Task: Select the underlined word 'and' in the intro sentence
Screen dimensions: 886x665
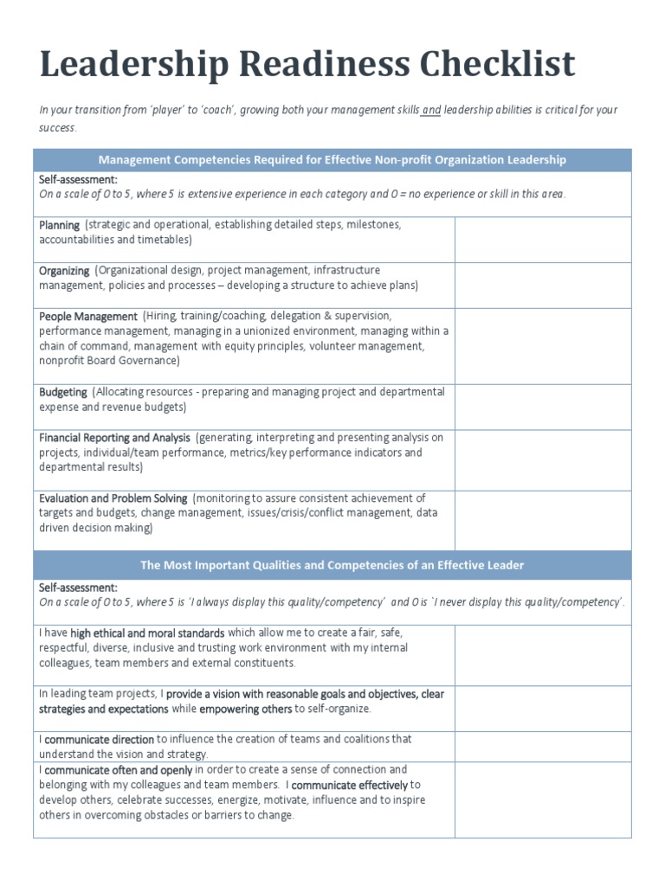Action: click(431, 110)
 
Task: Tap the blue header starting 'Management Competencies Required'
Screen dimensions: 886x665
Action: click(332, 159)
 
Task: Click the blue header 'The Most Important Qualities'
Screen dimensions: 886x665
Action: click(332, 565)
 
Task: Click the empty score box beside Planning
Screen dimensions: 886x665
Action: click(543, 239)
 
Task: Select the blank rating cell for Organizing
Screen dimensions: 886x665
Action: click(543, 285)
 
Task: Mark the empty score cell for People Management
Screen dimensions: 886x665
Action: click(543, 345)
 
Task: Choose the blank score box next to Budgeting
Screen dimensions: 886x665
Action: click(543, 407)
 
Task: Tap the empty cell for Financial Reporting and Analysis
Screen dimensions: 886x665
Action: click(543, 459)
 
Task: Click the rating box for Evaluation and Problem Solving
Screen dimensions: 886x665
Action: click(543, 520)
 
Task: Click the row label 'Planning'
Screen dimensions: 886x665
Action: click(59, 225)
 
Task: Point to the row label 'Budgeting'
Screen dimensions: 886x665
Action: click(63, 392)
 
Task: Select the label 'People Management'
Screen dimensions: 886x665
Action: click(88, 317)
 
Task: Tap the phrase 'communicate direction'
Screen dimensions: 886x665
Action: click(100, 740)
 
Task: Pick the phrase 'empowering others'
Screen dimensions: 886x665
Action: click(246, 709)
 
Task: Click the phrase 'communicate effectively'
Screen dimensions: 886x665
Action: click(350, 786)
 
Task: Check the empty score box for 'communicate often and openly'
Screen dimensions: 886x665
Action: click(543, 799)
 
